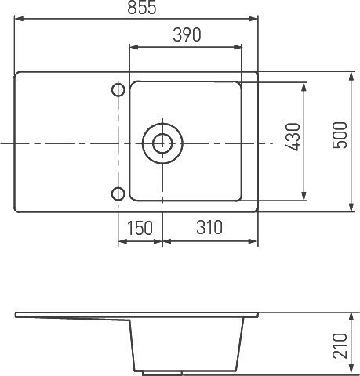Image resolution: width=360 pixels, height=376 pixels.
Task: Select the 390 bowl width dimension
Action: [x=187, y=35]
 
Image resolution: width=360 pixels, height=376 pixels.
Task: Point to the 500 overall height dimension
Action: [x=339, y=141]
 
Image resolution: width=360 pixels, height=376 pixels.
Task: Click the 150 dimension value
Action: [x=139, y=228]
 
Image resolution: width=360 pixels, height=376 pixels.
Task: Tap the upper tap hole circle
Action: [x=118, y=91]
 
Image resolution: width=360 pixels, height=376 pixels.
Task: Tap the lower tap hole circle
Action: [x=118, y=194]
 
